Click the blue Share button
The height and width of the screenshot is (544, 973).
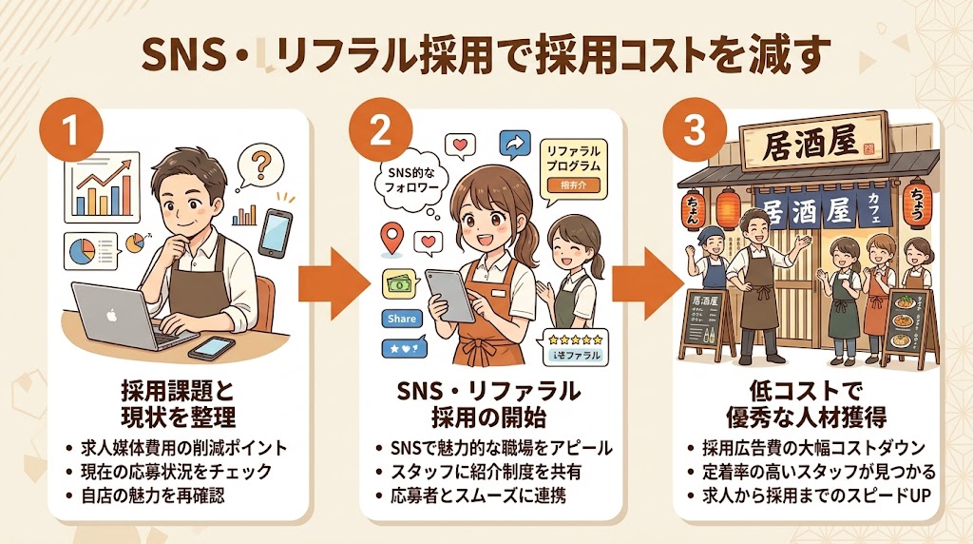[402, 319]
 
